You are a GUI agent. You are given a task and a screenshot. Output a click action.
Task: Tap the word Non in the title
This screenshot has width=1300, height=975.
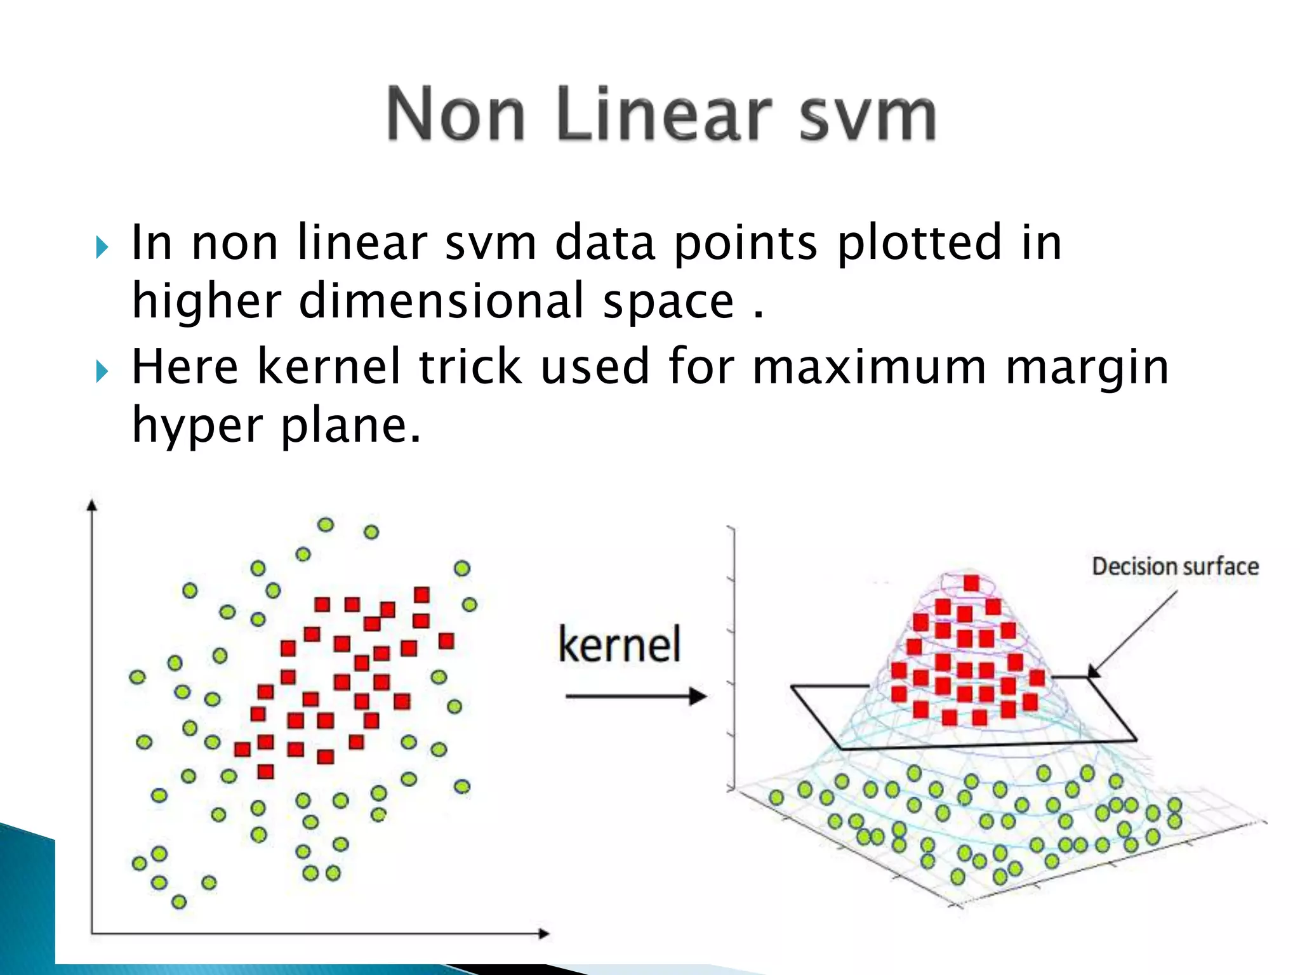pyautogui.click(x=456, y=114)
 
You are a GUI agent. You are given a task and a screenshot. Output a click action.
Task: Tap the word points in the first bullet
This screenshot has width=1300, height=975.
pyautogui.click(x=745, y=244)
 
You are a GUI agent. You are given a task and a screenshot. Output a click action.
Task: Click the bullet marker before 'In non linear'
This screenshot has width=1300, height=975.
pyautogui.click(x=102, y=248)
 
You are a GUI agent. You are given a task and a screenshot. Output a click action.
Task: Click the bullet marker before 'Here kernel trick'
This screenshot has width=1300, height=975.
pyautogui.click(x=102, y=371)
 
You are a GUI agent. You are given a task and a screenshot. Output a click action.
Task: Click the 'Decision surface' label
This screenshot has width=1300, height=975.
pyautogui.click(x=1175, y=566)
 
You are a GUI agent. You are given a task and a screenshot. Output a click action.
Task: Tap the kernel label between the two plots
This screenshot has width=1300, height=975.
pyautogui.click(x=620, y=644)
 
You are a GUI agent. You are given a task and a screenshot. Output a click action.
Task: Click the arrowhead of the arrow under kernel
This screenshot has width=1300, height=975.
pyautogui.click(x=698, y=696)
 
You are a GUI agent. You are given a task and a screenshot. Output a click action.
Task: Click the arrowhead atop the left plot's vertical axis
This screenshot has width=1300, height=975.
pyautogui.click(x=92, y=505)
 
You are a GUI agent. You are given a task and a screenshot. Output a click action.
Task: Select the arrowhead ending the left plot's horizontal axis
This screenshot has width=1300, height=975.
pyautogui.click(x=543, y=933)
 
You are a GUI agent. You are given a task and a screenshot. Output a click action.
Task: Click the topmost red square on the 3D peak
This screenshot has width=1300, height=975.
pyautogui.click(x=971, y=583)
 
